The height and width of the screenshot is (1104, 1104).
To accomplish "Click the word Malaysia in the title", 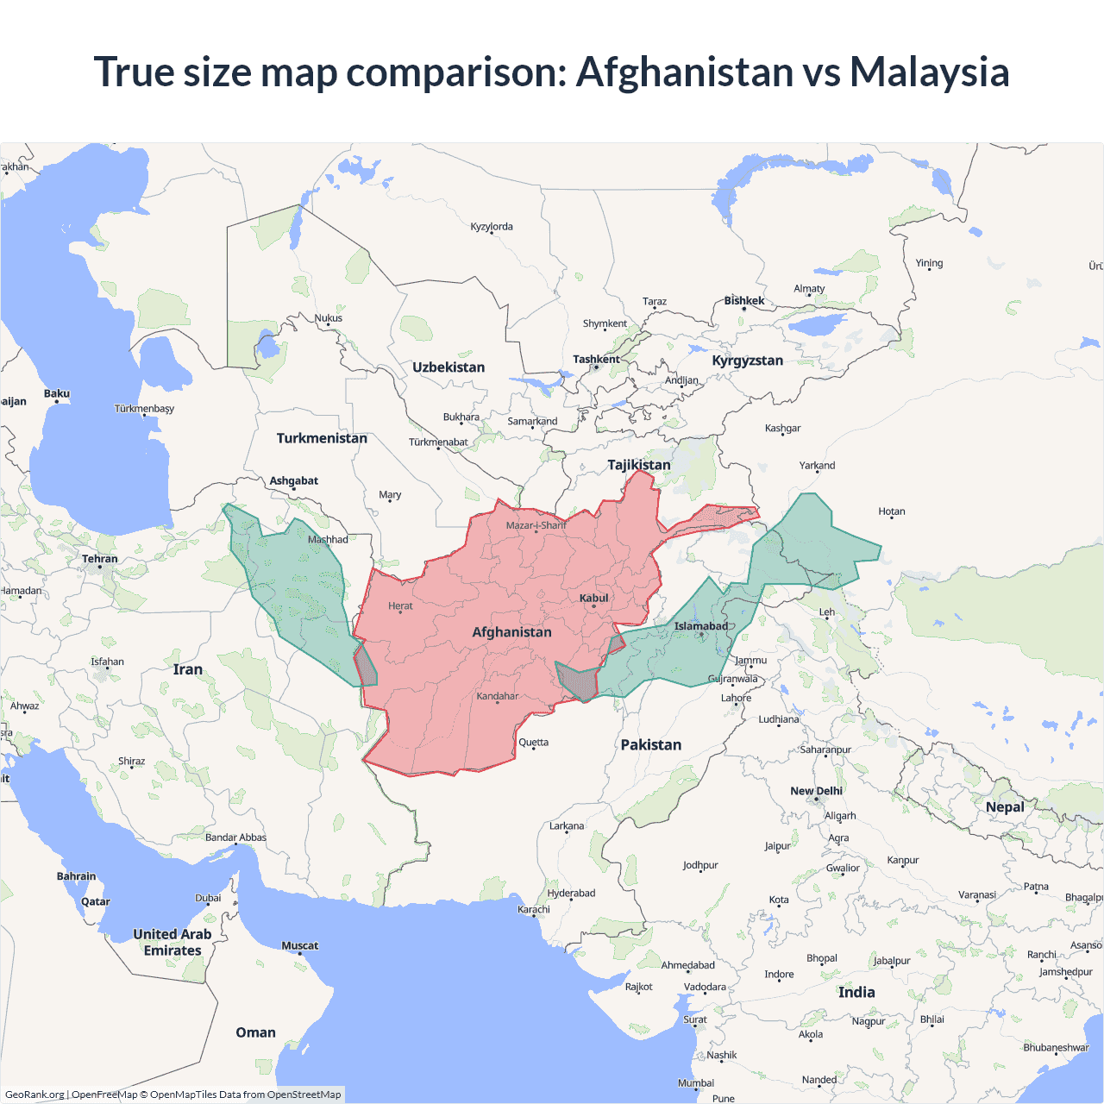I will pyautogui.click(x=929, y=72).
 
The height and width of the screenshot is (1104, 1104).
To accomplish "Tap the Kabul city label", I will pyautogui.click(x=593, y=598).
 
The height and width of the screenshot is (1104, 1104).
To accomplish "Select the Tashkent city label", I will pyautogui.click(x=596, y=359).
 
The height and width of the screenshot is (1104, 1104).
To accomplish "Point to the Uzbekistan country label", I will pyautogui.click(x=448, y=367).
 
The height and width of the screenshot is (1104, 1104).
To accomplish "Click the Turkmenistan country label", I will pyautogui.click(x=322, y=438).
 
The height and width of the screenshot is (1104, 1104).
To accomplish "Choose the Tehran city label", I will pyautogui.click(x=100, y=559).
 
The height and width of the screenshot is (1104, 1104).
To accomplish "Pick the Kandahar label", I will pyautogui.click(x=498, y=696).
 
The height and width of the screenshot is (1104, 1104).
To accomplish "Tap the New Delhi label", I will pyautogui.click(x=816, y=791).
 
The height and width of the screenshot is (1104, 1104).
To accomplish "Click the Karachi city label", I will pyautogui.click(x=534, y=909).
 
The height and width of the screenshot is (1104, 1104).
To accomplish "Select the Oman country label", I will pyautogui.click(x=255, y=1032).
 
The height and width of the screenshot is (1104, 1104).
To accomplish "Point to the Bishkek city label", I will pyautogui.click(x=744, y=301).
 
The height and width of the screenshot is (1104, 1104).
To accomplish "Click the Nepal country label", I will pyautogui.click(x=1005, y=807).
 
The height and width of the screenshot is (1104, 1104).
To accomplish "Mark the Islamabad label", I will pyautogui.click(x=700, y=626).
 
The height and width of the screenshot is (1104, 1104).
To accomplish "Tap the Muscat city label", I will pyautogui.click(x=300, y=945).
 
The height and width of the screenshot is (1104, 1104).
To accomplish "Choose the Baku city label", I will pyautogui.click(x=57, y=393).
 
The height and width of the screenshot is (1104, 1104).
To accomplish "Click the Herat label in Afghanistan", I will pyautogui.click(x=400, y=605).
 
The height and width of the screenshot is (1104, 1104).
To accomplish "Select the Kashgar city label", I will pyautogui.click(x=782, y=428).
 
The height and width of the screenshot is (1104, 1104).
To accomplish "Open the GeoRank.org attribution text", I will pyautogui.click(x=34, y=1095).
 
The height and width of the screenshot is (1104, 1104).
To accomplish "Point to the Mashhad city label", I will pyautogui.click(x=328, y=540).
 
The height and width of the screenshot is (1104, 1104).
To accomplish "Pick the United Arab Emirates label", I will pyautogui.click(x=172, y=942).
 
